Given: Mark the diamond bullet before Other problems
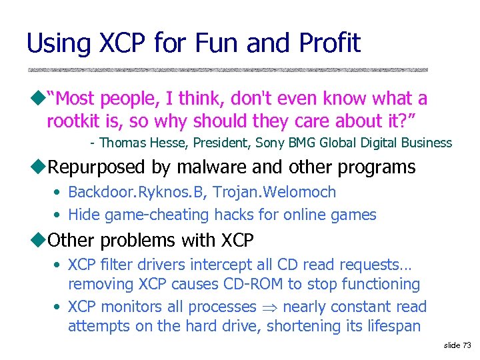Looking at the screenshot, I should [42, 239].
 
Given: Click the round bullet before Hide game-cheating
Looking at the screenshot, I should [59, 215].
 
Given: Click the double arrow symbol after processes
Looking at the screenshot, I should [269, 307].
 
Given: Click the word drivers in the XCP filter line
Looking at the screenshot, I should [168, 265].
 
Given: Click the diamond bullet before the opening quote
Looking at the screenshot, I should [42, 99].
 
